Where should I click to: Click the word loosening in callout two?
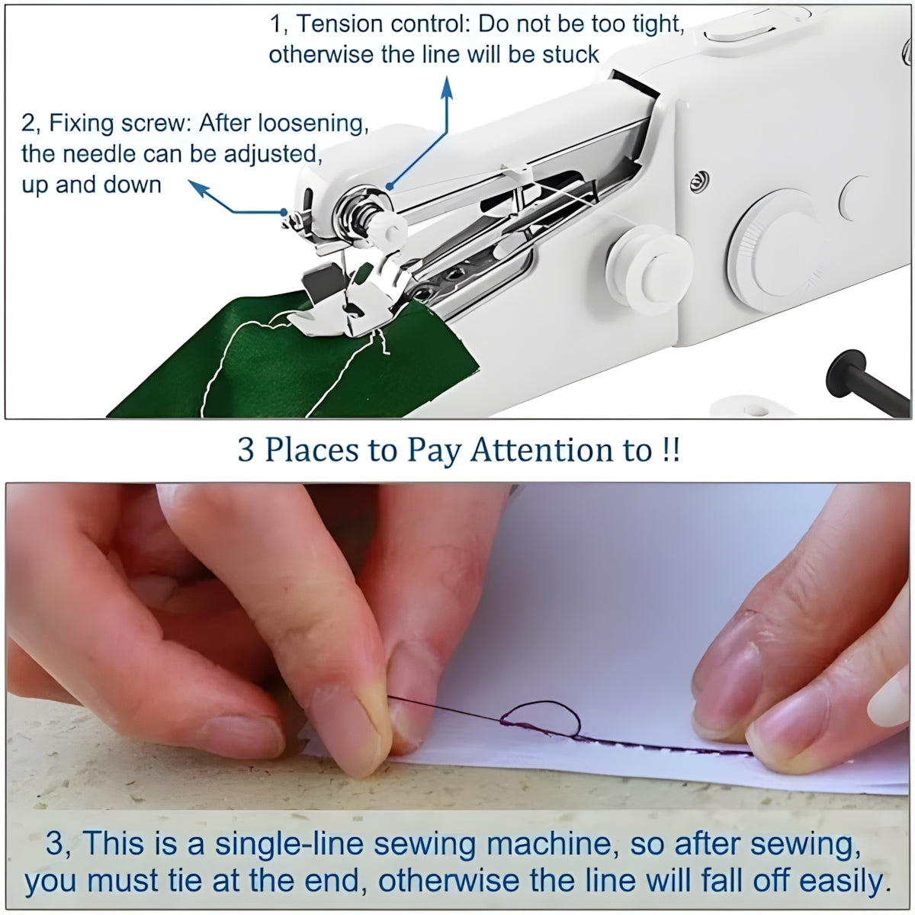pyautogui.click(x=313, y=124)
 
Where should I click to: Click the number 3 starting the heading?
pyautogui.click(x=245, y=450)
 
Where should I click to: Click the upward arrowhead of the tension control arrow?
pyautogui.click(x=446, y=88)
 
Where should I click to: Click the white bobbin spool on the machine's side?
pyautogui.click(x=649, y=270)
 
